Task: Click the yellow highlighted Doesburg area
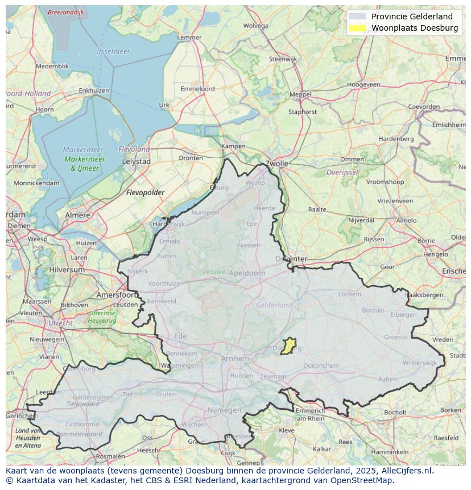pos(288,346)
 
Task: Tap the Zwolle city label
pos(277,163)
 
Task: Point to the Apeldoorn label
pos(247,273)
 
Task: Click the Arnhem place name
pos(235,359)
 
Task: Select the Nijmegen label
pos(224,410)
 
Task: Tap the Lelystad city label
pos(137,162)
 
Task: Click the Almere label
pos(77,215)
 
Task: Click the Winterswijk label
pos(419,363)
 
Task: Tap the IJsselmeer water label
pos(113,51)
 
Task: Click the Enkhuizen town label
pos(94,90)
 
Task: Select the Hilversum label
pos(67,270)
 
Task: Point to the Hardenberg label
pos(396,138)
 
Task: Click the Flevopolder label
pos(145,192)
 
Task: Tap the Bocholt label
pos(395,412)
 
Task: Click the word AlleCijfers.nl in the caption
pos(406,471)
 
